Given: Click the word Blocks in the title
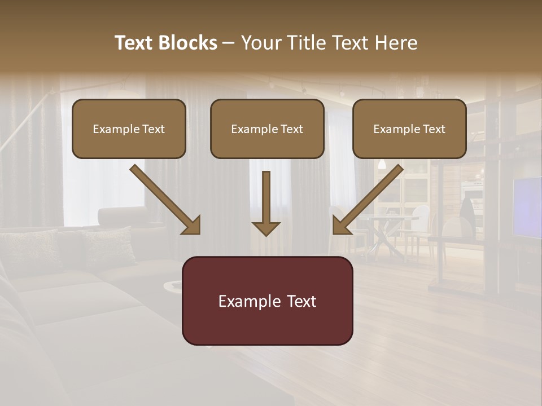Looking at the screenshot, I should pyautogui.click(x=188, y=43).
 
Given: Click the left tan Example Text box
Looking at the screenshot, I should pyautogui.click(x=129, y=129).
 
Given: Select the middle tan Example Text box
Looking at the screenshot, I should pyautogui.click(x=267, y=129).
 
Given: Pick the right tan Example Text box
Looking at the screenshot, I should pyautogui.click(x=409, y=129).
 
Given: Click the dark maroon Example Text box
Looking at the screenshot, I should pyautogui.click(x=267, y=301).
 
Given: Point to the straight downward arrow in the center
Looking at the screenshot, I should pyautogui.click(x=266, y=203).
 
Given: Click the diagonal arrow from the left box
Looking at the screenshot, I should pyautogui.click(x=165, y=200).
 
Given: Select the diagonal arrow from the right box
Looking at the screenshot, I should pyautogui.click(x=368, y=200).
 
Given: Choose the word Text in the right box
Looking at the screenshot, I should pyautogui.click(x=434, y=129).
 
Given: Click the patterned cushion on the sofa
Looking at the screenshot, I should pyautogui.click(x=107, y=245).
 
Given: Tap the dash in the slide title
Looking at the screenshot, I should pyautogui.click(x=229, y=43).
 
